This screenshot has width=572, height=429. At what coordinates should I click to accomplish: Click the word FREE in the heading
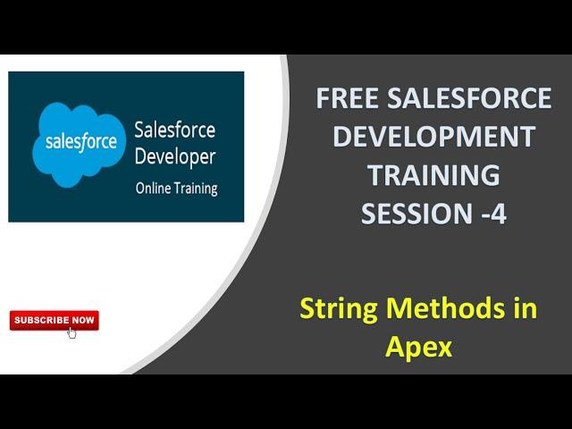click(347, 97)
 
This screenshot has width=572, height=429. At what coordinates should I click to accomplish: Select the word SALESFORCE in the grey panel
click(469, 97)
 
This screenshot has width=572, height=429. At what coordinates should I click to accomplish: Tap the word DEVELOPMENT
click(433, 136)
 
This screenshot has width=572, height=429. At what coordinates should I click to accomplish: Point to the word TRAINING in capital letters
click(433, 175)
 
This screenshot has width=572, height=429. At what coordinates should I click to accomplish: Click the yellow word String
click(339, 309)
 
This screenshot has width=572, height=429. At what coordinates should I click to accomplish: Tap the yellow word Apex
click(419, 348)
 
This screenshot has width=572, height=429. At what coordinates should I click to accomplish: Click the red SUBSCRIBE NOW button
click(55, 320)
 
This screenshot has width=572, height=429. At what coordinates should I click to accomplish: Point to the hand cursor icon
click(71, 332)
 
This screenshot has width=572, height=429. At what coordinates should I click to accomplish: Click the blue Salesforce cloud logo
click(79, 144)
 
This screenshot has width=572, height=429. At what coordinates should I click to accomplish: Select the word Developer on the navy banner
click(175, 157)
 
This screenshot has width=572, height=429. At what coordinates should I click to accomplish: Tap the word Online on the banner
click(153, 189)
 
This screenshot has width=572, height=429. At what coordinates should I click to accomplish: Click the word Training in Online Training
click(196, 189)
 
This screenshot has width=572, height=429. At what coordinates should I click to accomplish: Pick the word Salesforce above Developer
click(175, 130)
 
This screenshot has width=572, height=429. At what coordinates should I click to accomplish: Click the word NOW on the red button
click(83, 320)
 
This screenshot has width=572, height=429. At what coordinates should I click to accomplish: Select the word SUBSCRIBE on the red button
click(42, 320)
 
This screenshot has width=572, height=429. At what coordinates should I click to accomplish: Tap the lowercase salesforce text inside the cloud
click(81, 141)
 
